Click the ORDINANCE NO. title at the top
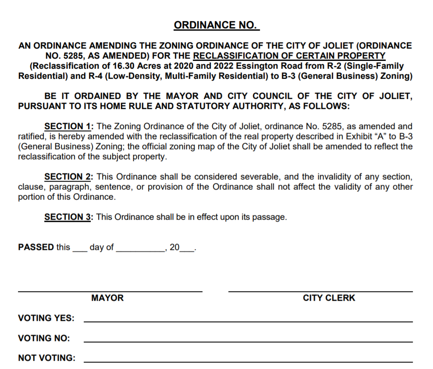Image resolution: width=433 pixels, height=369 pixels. pos(216,25)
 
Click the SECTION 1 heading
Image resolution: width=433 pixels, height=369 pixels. pos(68,127)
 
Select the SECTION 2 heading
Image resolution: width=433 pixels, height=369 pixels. pos(68,177)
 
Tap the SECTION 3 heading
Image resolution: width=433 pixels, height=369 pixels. pos(68,217)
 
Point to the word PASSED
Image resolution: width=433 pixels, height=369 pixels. pos(36,247)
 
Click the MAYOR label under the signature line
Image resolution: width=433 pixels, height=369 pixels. pos(107,298)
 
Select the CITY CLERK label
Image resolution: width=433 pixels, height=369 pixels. pos(329,298)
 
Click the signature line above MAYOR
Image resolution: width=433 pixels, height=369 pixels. pos(110,291)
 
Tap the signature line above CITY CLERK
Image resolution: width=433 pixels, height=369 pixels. pos(320,291)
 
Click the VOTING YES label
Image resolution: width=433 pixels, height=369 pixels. pos(46,318)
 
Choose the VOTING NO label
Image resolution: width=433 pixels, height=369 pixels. pos(44,338)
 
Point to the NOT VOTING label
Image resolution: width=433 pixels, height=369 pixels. pos(46,358)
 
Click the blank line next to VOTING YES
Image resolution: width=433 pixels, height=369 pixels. pos(248,322)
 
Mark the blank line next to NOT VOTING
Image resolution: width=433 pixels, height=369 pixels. pos(248,362)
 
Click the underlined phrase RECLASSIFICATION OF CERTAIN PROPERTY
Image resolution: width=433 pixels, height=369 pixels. pos(289,56)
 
